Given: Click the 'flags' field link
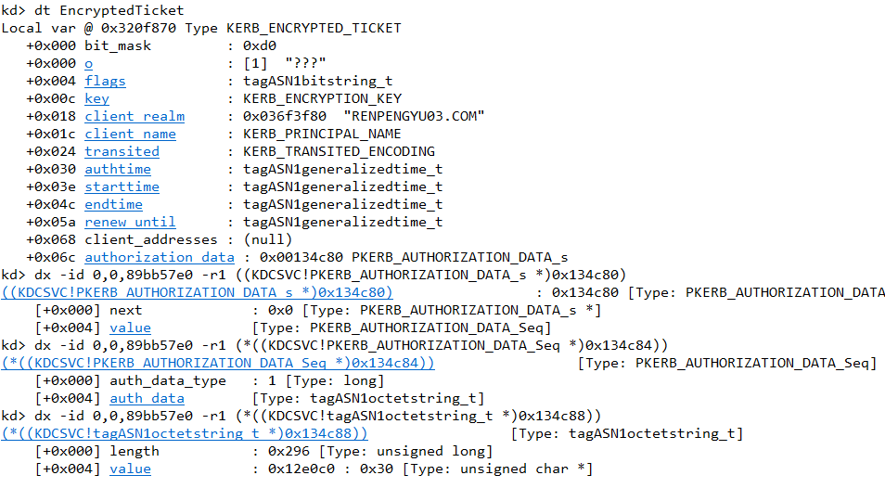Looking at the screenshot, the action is pos(105,81).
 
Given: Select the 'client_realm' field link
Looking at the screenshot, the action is pos(135,116).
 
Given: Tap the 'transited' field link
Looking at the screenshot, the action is pos(122,151).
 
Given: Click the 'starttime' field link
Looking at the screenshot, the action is pos(122,186).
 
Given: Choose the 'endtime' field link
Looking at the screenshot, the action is pos(113,204).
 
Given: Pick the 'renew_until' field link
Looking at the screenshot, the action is pos(130,222).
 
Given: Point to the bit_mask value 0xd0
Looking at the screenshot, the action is pos(260,45).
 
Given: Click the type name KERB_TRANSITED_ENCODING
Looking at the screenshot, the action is pos(339,151).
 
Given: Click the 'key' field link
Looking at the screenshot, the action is pos(96,98).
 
